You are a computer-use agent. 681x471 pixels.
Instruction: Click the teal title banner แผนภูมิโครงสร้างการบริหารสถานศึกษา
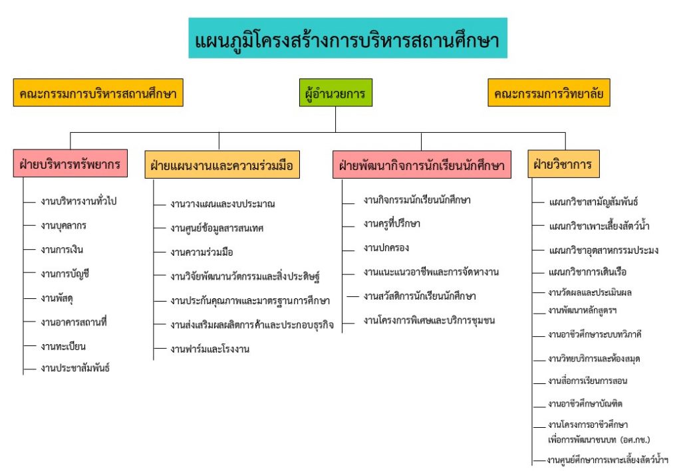coord(347,38)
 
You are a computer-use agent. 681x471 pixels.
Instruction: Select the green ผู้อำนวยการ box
coord(336,92)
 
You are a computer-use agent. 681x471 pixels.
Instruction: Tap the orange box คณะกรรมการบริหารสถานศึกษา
coord(98,92)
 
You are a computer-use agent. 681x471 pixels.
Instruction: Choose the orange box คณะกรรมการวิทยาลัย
coord(549,92)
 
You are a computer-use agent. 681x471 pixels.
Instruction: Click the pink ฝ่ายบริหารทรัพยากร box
coord(70,163)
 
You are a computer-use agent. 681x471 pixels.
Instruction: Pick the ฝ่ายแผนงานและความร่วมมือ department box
coord(222,164)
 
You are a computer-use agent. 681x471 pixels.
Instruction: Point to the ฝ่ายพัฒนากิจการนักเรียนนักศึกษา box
coord(422,164)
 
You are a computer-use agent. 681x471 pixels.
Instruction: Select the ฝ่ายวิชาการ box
coord(563,163)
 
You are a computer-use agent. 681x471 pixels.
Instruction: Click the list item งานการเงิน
coord(62,249)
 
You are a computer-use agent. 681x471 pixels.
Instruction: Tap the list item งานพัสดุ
coord(57,298)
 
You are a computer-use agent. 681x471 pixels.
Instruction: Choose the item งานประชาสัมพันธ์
coord(75,368)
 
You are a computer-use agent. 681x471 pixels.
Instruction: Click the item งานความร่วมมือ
coord(202,252)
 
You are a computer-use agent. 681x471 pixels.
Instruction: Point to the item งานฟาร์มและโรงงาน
coord(209,349)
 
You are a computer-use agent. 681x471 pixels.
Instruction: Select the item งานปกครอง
coord(386,248)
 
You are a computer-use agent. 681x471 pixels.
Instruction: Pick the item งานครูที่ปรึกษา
coord(392,223)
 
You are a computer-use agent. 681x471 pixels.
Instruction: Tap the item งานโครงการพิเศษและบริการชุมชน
coord(429,320)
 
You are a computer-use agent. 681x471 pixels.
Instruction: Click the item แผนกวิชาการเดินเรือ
coord(588,272)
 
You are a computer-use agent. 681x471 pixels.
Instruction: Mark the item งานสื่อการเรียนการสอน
coord(588,381)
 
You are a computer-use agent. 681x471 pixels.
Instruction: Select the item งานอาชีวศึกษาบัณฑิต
coord(585,403)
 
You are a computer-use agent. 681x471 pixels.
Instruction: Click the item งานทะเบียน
coord(63,346)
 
